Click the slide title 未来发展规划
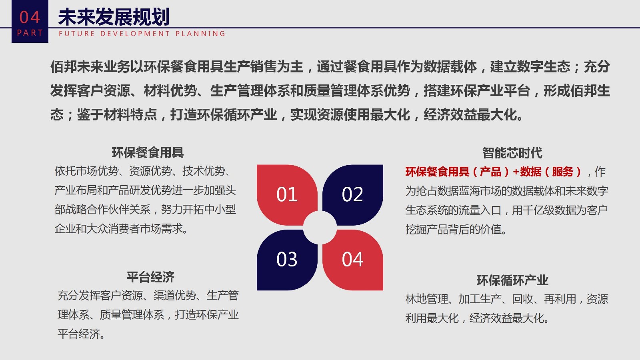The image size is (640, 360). (114, 17)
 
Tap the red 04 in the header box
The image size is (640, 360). (30, 17)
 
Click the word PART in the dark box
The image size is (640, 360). (30, 33)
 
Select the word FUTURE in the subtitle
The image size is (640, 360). (76, 34)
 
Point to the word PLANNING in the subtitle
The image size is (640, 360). (200, 34)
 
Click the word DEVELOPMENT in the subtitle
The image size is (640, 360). (135, 34)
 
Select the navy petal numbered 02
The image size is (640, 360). (353, 194)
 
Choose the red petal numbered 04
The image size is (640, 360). (353, 260)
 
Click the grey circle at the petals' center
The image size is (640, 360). (320, 228)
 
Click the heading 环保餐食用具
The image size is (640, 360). (148, 152)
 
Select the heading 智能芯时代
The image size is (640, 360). (512, 153)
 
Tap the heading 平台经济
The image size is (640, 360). (150, 277)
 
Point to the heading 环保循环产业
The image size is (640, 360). (512, 280)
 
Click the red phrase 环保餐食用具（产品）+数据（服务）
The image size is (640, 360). (493, 172)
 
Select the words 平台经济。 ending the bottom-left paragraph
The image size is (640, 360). (81, 334)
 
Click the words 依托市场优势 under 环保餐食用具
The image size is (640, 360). (86, 171)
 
